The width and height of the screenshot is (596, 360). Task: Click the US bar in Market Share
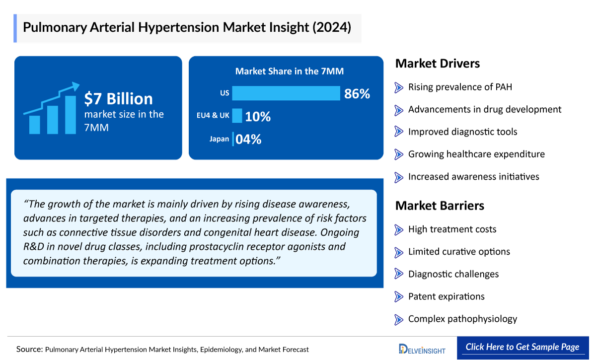pos(286,93)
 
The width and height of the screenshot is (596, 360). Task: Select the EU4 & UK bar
pos(237,116)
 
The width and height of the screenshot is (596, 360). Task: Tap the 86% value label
pos(357,93)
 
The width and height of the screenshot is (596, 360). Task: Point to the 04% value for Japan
pos(248,140)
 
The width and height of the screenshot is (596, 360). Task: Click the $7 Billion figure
pos(118,99)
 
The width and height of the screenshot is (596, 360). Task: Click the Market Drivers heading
pos(437,64)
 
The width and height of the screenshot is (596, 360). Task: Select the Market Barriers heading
pos(440,206)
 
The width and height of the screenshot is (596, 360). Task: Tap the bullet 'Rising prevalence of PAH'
pos(460,87)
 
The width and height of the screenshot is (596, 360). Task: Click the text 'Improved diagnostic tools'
pos(462,132)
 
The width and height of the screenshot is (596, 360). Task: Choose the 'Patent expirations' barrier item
pos(446,296)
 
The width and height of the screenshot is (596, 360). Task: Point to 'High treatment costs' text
pos(452,229)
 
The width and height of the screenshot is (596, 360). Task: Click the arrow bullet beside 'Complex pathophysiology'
pos(399,319)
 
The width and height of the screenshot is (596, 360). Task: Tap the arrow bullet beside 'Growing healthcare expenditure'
pos(399,154)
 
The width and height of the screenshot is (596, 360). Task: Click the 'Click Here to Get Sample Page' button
pos(522,347)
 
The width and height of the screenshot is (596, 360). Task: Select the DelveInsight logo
pos(422,348)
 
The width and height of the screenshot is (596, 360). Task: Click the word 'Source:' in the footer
pos(29,349)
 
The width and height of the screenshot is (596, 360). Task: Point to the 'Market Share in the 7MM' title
pos(289,71)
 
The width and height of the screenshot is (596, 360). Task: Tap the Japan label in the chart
pos(219,139)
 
